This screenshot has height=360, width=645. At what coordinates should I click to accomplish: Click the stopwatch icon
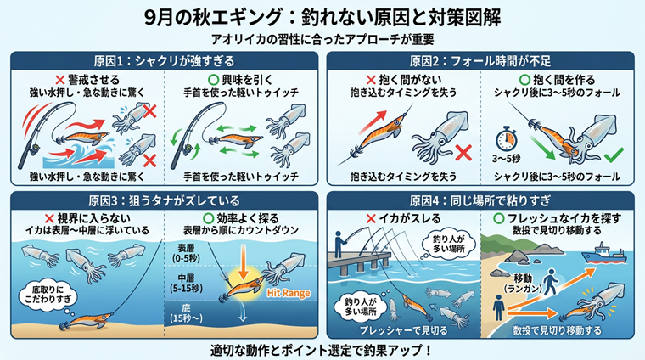(506, 139)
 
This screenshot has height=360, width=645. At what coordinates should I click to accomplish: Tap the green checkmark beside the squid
(614, 155)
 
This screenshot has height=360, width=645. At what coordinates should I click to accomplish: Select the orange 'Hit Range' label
(289, 293)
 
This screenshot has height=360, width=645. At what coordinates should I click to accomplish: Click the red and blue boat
(604, 253)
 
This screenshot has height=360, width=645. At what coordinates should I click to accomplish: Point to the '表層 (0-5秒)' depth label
(186, 253)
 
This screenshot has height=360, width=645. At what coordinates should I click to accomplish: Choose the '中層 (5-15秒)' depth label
(187, 283)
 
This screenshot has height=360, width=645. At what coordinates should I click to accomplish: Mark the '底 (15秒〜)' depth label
(186, 313)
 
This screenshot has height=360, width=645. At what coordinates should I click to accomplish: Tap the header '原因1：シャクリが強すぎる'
(164, 61)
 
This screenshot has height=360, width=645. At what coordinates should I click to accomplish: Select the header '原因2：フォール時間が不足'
(480, 61)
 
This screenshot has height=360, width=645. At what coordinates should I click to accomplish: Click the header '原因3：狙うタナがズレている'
(164, 200)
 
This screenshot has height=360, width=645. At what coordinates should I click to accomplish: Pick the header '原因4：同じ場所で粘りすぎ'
(480, 200)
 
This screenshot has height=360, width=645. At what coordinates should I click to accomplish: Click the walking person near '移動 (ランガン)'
(550, 282)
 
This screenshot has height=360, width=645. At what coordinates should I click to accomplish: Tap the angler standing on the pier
(339, 245)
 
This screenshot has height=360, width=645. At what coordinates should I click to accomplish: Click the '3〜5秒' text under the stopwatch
(507, 159)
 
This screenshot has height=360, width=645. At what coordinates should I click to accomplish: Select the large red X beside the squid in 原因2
(463, 153)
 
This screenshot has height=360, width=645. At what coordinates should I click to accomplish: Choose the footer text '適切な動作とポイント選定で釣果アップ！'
(322, 350)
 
